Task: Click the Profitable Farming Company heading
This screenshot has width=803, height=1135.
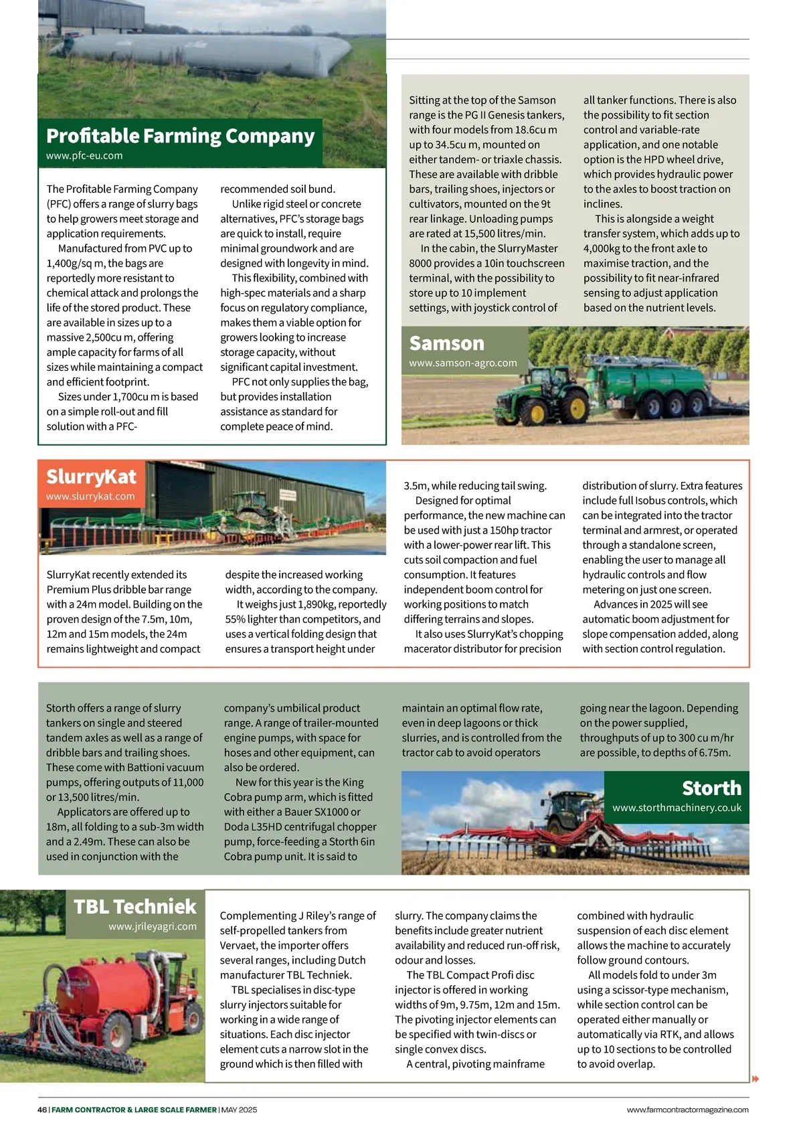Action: tap(180, 136)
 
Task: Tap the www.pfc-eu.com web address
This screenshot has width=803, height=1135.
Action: tap(84, 156)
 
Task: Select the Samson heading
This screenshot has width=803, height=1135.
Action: tap(446, 343)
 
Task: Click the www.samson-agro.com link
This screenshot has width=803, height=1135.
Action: tap(463, 363)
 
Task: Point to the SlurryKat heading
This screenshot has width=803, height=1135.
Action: tap(91, 476)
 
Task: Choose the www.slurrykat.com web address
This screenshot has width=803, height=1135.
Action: tap(90, 497)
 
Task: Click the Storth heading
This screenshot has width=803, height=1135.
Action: tap(711, 788)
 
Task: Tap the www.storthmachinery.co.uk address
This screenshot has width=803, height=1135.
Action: tap(677, 808)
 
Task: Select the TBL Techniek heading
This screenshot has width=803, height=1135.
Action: tap(135, 906)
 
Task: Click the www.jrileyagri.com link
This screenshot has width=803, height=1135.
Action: tap(153, 927)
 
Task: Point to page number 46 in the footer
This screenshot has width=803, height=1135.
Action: tap(42, 1110)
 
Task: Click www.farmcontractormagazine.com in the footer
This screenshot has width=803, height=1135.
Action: tap(687, 1110)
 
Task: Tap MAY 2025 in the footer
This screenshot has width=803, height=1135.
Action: tap(239, 1110)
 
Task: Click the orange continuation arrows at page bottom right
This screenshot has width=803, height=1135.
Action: tap(756, 1079)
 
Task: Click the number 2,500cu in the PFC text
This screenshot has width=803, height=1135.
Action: tap(110, 338)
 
